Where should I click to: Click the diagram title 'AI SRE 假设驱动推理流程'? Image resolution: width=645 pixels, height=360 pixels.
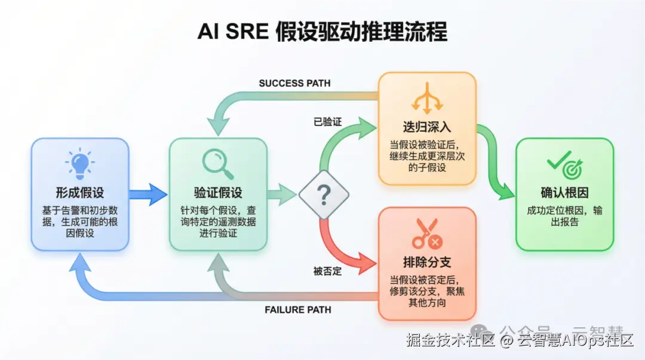322,32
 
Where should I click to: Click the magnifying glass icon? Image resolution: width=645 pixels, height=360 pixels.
217,163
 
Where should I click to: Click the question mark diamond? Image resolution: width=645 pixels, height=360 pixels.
323,193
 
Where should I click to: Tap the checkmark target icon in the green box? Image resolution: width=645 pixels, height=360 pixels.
564,163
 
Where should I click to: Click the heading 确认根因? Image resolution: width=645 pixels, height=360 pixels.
564,193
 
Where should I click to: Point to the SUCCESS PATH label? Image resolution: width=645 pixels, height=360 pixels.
294,83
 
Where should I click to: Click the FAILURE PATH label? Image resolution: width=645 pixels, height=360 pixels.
297,310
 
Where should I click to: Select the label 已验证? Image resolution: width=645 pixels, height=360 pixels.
328,122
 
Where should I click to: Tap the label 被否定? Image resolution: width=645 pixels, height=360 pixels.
328,270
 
